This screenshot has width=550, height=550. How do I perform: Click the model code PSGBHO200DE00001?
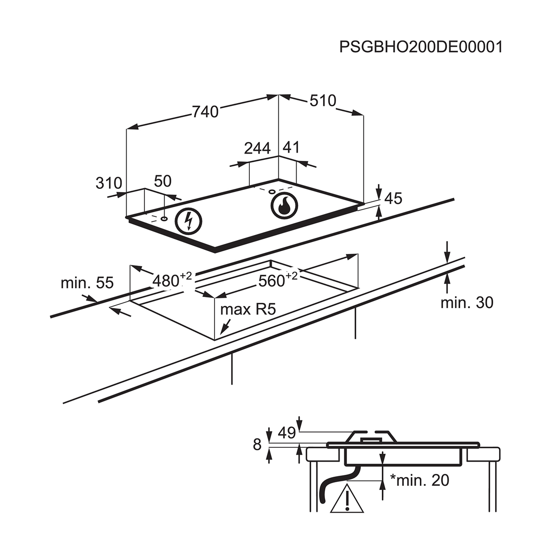(x=421, y=47)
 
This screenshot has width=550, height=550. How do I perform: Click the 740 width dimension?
(x=205, y=111)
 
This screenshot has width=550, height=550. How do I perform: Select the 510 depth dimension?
(x=323, y=100)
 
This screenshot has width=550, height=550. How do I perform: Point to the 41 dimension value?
(x=291, y=147)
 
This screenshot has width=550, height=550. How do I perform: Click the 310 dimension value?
(x=109, y=183)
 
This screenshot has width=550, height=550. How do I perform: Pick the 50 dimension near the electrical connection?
(x=162, y=181)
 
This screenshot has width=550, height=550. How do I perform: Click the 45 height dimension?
(x=393, y=198)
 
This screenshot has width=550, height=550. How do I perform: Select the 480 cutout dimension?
(x=166, y=280)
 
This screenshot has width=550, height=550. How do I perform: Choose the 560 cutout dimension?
(x=272, y=280)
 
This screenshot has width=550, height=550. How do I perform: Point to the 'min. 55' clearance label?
(x=87, y=283)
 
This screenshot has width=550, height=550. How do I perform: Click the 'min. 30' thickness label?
(x=467, y=302)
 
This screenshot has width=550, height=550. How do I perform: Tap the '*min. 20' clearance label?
(x=419, y=480)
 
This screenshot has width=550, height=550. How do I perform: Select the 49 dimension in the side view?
(x=287, y=433)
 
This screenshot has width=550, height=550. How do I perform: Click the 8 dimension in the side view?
(x=257, y=444)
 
